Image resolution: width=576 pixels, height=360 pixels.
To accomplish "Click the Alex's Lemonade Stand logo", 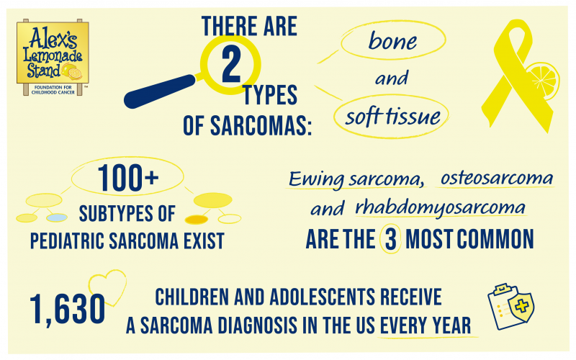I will pos(53,57).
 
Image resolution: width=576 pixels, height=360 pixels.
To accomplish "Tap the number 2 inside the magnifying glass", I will pos(232,66).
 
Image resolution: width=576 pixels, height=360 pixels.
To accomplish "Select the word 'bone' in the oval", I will pos(392,41).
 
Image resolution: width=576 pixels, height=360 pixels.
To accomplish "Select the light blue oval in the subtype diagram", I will pos(57,217).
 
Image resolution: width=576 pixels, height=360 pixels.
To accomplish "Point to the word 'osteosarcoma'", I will pos(496,177).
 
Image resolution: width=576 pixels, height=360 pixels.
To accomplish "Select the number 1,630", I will pos(68,309).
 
